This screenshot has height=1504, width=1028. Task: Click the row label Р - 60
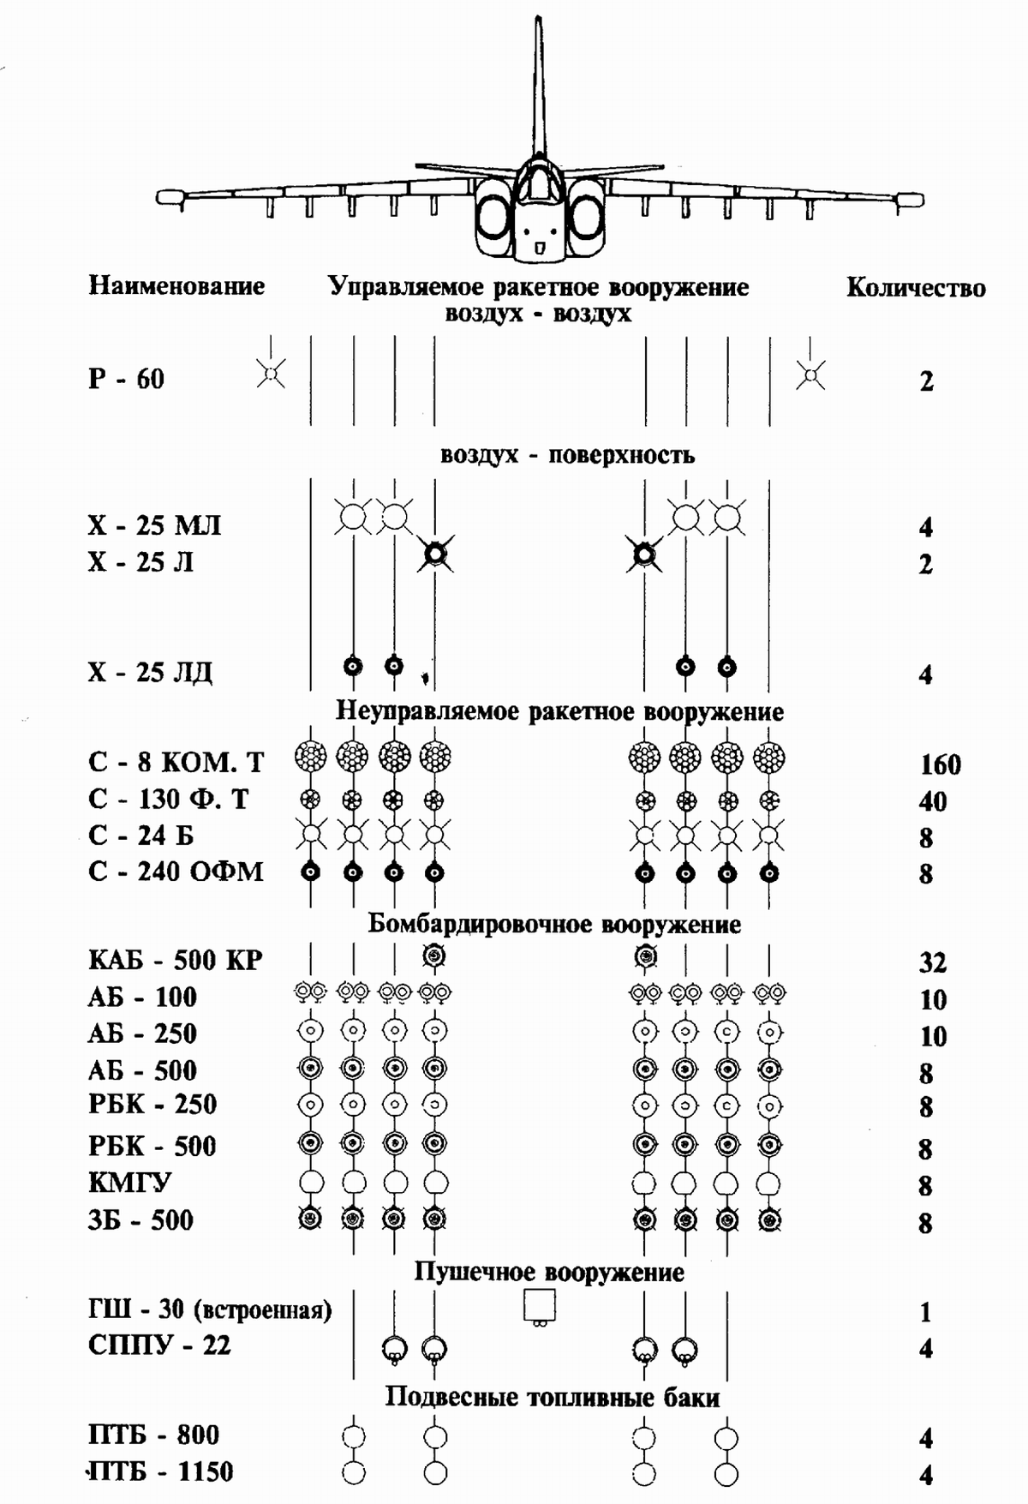point(126,379)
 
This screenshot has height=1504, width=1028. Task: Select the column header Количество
point(915,288)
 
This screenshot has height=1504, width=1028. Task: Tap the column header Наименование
point(176,285)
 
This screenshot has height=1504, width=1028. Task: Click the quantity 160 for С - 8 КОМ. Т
point(940,764)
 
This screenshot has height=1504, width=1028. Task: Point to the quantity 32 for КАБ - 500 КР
point(932,962)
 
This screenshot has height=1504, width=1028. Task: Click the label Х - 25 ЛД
point(150,672)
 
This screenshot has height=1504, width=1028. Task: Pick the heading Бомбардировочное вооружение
point(554,925)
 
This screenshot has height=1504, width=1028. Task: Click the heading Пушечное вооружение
point(549,1272)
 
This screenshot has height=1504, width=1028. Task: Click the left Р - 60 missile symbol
point(271,374)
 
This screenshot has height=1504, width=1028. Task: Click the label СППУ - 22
point(159,1345)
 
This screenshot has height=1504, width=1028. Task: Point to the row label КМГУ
point(129,1183)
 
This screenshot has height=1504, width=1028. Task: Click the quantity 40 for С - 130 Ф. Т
point(932,801)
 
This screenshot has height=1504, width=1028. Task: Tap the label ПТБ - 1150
point(161,1472)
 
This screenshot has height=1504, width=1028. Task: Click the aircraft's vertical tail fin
point(538,86)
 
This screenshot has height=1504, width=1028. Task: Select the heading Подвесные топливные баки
point(552,1398)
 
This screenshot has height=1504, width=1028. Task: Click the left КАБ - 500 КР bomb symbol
point(434,956)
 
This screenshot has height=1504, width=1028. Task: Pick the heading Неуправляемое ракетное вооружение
point(559,711)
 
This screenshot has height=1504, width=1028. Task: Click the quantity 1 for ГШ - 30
point(925,1312)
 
